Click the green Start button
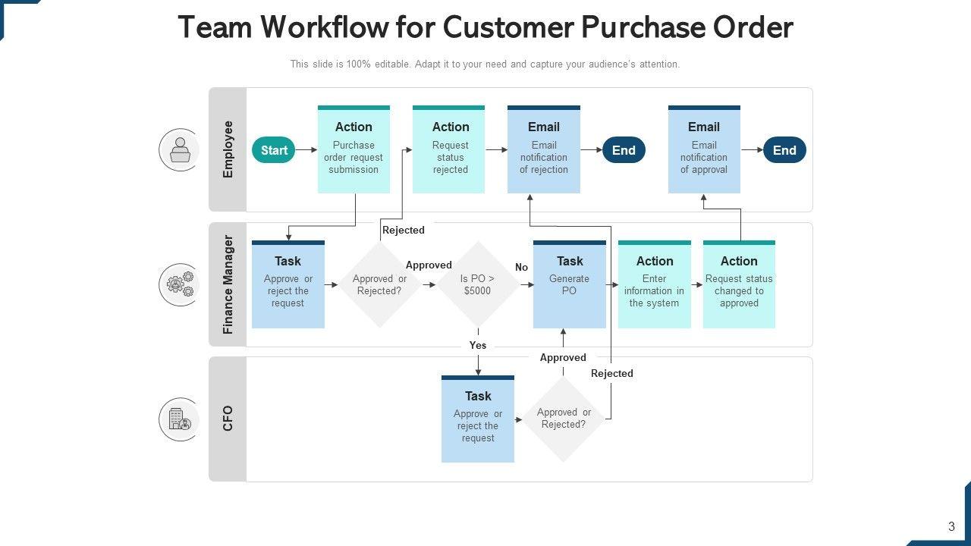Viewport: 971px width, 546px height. click(273, 150)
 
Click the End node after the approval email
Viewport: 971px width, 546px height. click(784, 150)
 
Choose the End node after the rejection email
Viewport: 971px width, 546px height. click(624, 150)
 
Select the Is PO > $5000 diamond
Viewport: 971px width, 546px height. click(478, 284)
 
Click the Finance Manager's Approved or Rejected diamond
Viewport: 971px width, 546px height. click(379, 284)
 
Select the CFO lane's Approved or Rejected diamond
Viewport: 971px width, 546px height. click(564, 419)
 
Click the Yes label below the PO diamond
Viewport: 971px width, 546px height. click(478, 345)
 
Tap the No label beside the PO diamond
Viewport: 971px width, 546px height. click(521, 268)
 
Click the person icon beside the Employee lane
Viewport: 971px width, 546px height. click(179, 149)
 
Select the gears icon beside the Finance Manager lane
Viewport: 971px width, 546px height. click(179, 284)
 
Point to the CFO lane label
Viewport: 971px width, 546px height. click(228, 419)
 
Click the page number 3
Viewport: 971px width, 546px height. click(951, 526)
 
